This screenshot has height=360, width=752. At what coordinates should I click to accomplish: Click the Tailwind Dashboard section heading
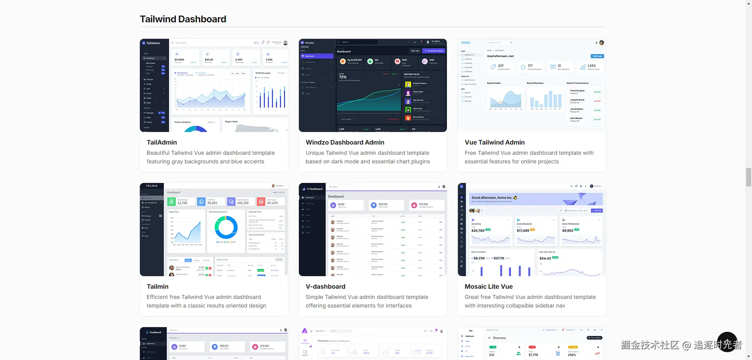(x=183, y=19)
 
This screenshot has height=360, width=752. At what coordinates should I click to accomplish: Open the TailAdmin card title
(x=162, y=143)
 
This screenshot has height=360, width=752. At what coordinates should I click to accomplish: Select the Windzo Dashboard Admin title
(x=345, y=143)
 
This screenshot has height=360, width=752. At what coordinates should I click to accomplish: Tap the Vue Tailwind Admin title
(x=494, y=143)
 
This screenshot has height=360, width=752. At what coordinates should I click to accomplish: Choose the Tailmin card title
(x=157, y=287)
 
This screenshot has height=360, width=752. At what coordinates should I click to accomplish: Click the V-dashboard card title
(x=325, y=287)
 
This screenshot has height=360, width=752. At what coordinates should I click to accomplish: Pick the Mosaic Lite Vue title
(x=488, y=287)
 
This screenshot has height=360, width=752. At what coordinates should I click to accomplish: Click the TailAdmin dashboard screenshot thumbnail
(x=214, y=85)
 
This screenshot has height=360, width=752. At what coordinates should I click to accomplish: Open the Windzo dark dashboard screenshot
(x=372, y=85)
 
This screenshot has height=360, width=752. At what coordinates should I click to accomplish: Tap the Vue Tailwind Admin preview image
(x=531, y=85)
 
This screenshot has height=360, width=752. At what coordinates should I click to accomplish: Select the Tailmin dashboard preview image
(x=214, y=230)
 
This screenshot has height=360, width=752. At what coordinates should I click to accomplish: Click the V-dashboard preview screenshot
(x=372, y=230)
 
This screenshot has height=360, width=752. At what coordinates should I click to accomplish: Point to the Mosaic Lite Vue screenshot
(x=531, y=230)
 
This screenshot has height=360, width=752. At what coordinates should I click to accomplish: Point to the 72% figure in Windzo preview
(x=343, y=77)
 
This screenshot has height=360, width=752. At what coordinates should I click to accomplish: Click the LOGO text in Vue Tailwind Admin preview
(x=465, y=43)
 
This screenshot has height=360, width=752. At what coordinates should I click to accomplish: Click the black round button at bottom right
(x=727, y=342)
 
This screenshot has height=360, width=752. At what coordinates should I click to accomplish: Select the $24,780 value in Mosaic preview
(x=478, y=231)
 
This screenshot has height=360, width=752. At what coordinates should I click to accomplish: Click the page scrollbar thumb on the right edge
(x=748, y=177)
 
